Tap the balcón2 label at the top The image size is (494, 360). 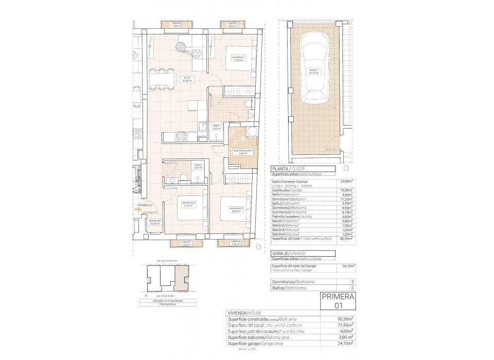coord(177,25)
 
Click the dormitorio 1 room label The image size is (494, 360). coord(238,58)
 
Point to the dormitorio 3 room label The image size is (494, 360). coord(188,204)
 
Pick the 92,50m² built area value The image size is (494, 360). coord(344,319)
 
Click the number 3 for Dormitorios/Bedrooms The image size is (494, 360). coord(352,282)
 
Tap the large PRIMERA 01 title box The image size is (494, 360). coord(338,300)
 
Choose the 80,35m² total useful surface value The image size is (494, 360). coord(345,239)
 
